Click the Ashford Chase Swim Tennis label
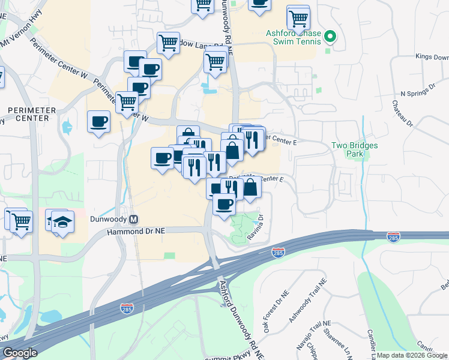pyautogui.click(x=292, y=38)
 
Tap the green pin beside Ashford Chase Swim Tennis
pyautogui.click(x=329, y=38)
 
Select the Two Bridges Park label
pyautogui.click(x=348, y=149)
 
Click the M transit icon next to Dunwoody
pyautogui.click(x=134, y=220)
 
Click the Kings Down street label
pyautogui.click(x=432, y=58)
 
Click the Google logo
pyautogui.click(x=20, y=353)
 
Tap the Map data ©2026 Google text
pyautogui.click(x=411, y=355)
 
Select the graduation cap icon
pyautogui.click(x=62, y=221)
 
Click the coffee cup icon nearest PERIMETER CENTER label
pyautogui.click(x=98, y=122)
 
